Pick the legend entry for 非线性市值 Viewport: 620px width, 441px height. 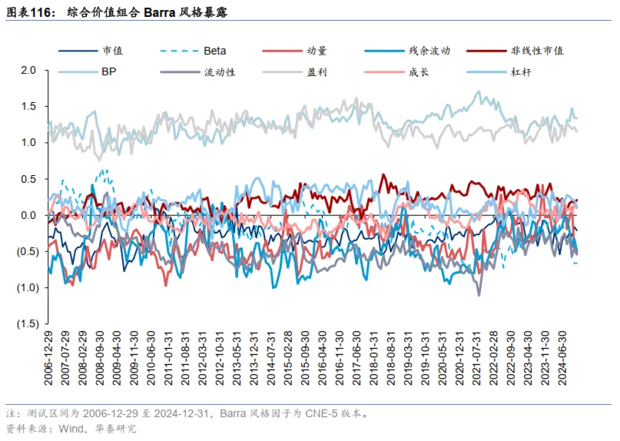[x=537, y=51]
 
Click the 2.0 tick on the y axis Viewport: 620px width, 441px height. [x=29, y=70]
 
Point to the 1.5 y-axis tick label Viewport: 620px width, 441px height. [x=29, y=106]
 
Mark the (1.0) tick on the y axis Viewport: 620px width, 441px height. [x=27, y=287]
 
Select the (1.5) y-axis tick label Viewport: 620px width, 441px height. [x=27, y=323]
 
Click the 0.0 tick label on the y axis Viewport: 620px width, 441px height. [x=29, y=215]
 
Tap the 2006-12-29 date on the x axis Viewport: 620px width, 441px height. [x=50, y=360]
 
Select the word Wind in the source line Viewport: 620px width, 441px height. [x=71, y=428]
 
